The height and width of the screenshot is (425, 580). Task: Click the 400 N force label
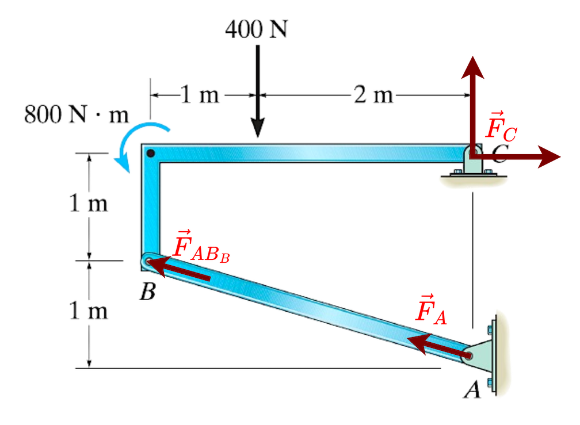256,29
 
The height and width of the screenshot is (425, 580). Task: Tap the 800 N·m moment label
77,114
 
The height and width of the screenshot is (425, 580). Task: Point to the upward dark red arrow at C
472,98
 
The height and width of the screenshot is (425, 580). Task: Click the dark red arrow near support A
440,347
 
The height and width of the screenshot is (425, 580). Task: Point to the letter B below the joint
148,293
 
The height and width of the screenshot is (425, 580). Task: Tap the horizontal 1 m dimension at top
199,95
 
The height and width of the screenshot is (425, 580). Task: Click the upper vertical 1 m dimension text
89,205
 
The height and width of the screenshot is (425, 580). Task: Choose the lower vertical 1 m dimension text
89,311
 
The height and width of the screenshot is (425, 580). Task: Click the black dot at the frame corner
151,154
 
